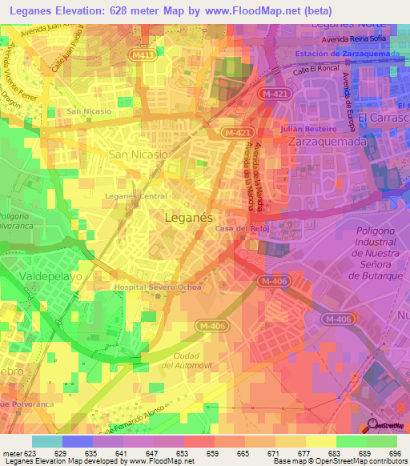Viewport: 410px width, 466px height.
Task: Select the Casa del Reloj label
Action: pyautogui.click(x=240, y=228)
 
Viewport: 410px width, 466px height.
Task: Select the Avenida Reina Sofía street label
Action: pyautogui.click(x=353, y=38)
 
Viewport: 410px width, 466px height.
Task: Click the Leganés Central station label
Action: pyautogui.click(x=136, y=196)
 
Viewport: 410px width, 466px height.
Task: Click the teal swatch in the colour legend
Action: pyautogui.click(x=46, y=441)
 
